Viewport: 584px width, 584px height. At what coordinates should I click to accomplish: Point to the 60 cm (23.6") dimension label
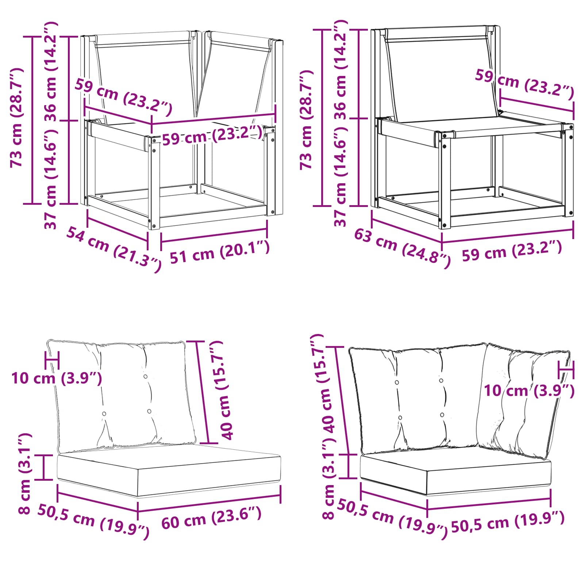(x=212, y=517)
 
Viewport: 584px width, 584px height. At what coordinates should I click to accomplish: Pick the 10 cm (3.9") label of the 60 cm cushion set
(x=57, y=378)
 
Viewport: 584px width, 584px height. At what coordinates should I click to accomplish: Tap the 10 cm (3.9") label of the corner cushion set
(x=529, y=391)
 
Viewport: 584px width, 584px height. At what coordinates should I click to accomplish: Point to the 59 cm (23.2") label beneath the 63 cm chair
(x=512, y=251)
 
